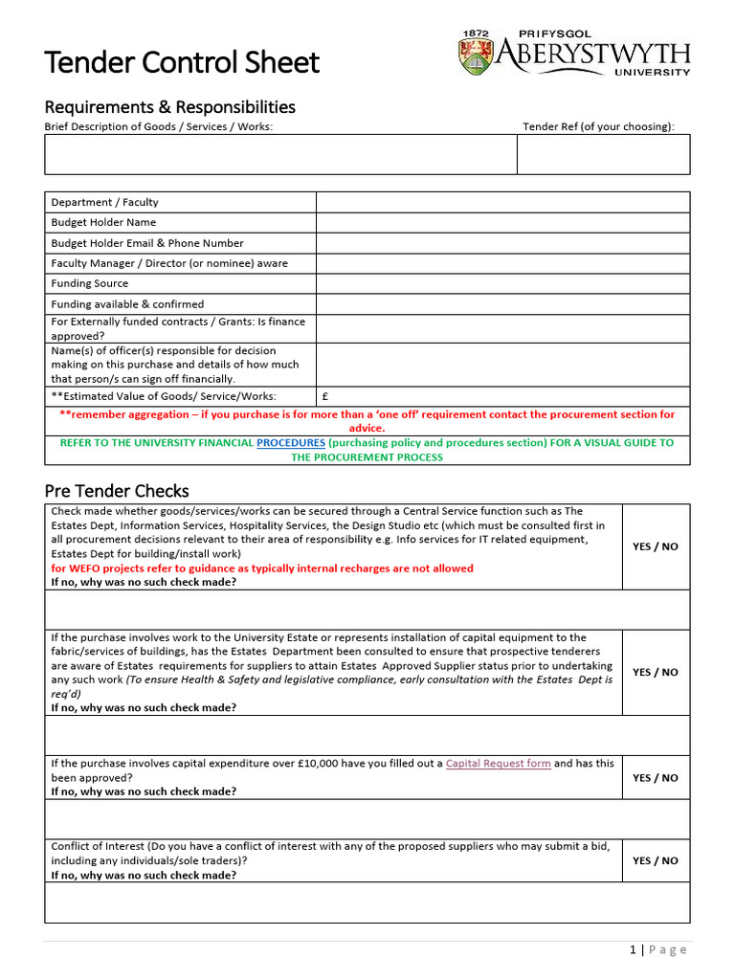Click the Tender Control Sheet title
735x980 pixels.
point(182,63)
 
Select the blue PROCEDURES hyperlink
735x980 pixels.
point(291,443)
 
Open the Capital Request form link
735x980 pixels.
point(498,764)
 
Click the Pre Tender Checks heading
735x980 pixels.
point(117,491)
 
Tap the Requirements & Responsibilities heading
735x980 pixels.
point(169,107)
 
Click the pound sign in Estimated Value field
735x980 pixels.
point(325,396)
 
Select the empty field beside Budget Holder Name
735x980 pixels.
point(502,222)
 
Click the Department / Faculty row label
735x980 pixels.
point(105,202)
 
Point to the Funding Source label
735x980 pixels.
point(89,283)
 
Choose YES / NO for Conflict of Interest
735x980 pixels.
point(655,860)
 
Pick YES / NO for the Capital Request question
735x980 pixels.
point(655,778)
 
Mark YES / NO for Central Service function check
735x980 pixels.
point(655,546)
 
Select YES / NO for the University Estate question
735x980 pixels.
point(655,672)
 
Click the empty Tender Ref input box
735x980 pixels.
point(603,154)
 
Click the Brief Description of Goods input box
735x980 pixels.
point(280,154)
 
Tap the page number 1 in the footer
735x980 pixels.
point(633,949)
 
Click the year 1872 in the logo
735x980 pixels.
point(476,33)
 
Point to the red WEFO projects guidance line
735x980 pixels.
point(261,568)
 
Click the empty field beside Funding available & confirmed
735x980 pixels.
point(502,303)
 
